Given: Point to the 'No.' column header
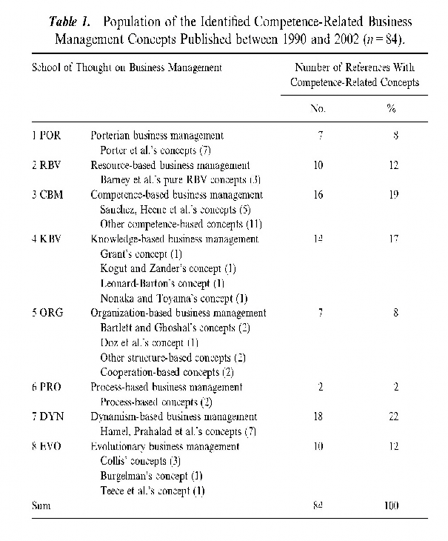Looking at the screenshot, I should coord(318,108).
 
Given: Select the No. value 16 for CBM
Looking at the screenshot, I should coord(318,195).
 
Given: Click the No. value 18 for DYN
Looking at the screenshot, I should coord(318,416).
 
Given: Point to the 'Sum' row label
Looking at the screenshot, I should coord(41,505).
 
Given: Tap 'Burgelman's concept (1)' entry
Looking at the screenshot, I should coord(150,476).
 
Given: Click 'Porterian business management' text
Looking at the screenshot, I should coord(157,136).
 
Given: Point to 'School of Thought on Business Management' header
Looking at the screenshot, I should coord(127,67).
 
